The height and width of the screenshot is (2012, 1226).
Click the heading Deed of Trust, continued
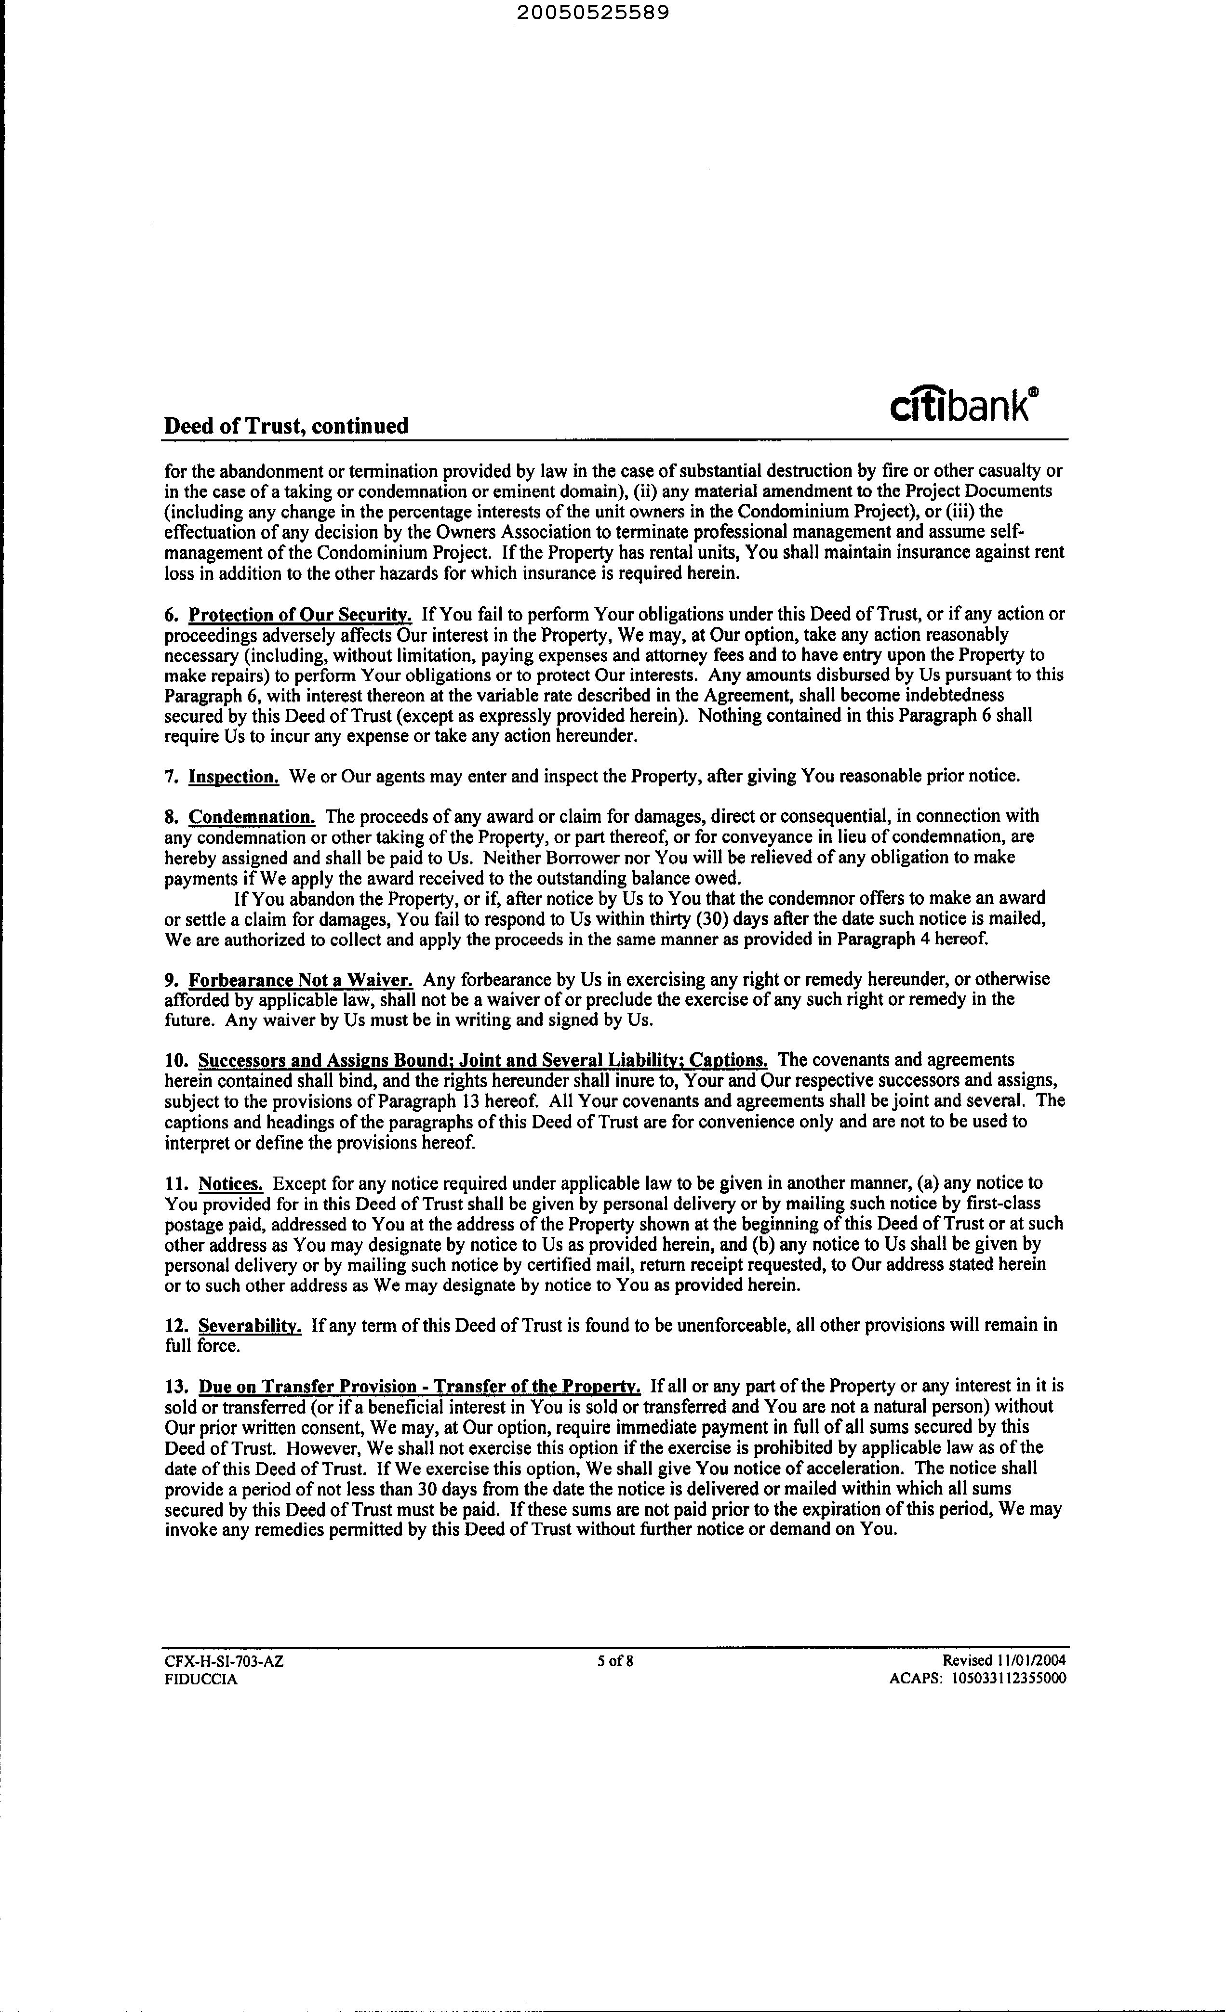click(x=286, y=426)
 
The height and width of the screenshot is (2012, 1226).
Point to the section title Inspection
click(x=234, y=777)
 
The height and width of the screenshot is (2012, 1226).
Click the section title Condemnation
click(x=252, y=817)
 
